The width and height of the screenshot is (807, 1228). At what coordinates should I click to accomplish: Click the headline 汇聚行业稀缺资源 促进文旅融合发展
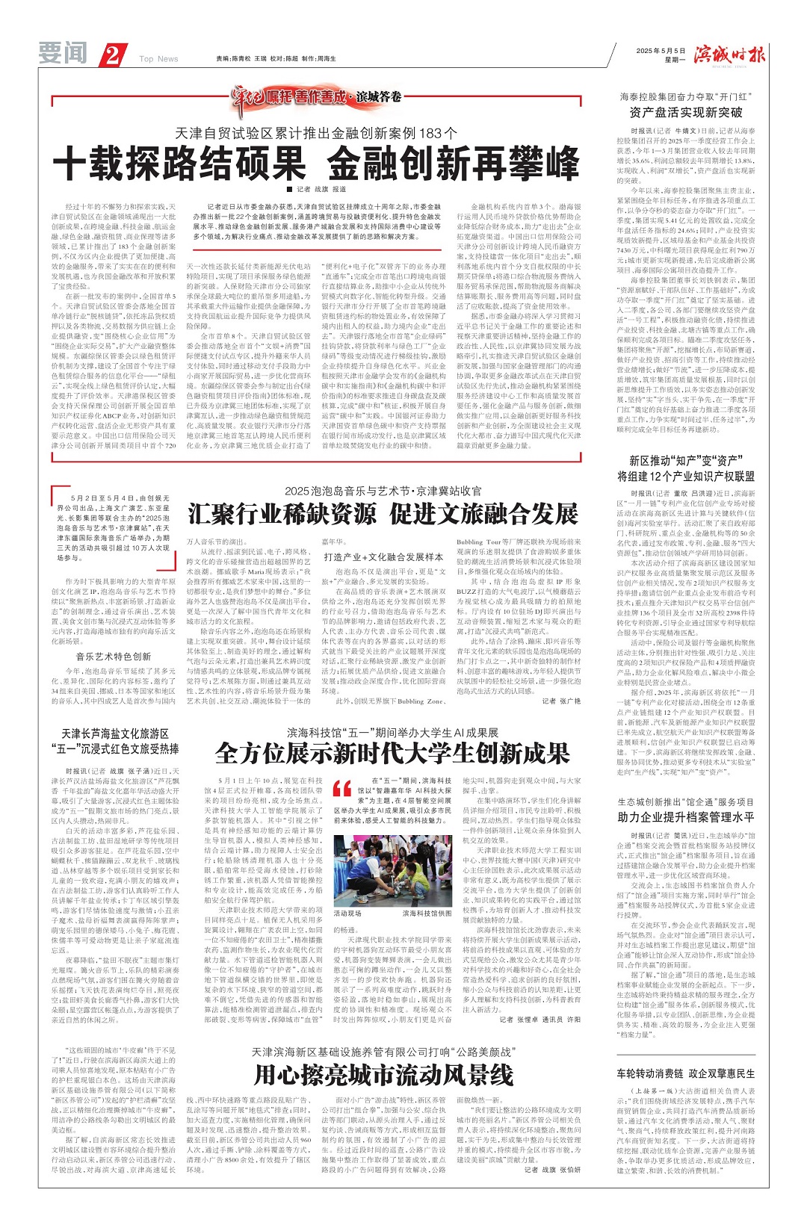pos(383,514)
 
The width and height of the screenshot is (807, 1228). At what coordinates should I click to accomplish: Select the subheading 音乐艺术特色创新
pos(114,657)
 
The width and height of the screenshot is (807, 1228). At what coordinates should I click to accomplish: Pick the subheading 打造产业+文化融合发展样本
pos(383,556)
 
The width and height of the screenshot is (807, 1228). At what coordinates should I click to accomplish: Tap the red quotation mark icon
pos(341,788)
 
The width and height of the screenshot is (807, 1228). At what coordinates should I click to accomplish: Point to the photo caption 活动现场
pos(347,914)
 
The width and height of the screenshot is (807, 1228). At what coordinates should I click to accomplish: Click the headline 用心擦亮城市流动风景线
pos(383,1074)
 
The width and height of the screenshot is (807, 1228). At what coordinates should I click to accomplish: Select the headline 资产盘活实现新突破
pos(685,112)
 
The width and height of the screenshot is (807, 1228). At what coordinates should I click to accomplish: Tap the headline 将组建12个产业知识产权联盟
pos(685,476)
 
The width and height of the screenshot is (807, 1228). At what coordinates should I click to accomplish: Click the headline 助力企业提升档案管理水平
pos(685,816)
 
